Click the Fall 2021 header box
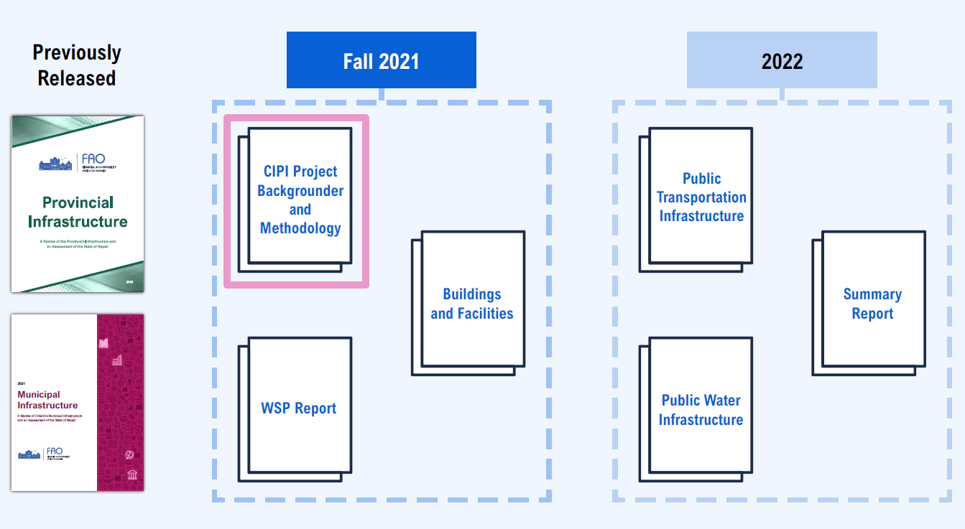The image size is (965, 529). pos(381,60)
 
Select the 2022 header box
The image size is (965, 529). pos(782,60)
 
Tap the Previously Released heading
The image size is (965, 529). pos(77,65)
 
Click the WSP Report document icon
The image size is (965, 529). pos(299,408)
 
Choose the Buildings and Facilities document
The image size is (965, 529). pos(472,304)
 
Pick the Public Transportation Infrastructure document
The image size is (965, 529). pos(701,197)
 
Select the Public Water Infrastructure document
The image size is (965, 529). pos(701,410)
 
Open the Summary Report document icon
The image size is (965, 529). pos(872,304)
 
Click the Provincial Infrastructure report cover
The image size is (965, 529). pos(78,204)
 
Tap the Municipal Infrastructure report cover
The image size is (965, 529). pos(78,402)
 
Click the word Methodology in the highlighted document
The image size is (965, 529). pos(300,228)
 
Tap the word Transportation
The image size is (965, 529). pos(701,197)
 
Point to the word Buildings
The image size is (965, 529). pos(472,294)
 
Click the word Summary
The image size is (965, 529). pos(872,294)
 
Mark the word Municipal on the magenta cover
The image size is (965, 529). pos(39,394)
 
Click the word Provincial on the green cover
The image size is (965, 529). pos(78,202)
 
